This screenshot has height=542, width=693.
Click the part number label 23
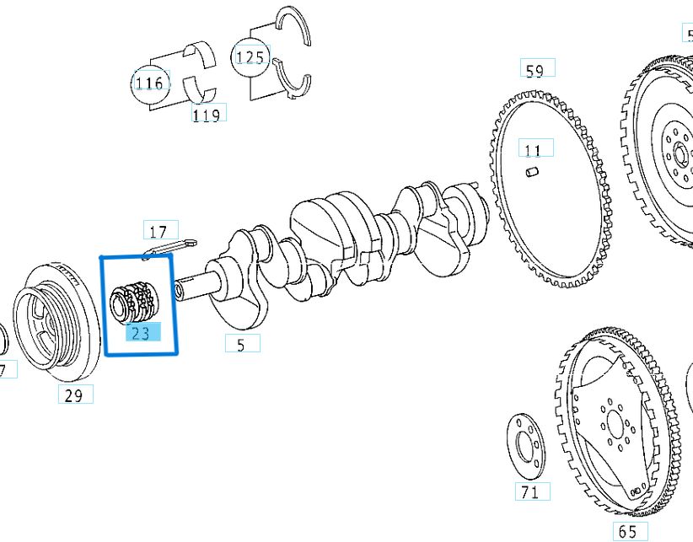point(140,333)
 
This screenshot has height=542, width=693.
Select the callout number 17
point(158,231)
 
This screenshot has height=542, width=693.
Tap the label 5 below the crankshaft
point(241,344)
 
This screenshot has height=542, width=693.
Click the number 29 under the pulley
point(74,394)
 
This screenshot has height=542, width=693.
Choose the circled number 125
point(250,57)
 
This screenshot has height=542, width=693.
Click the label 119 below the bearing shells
point(207,115)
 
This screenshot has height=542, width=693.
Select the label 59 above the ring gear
point(535,70)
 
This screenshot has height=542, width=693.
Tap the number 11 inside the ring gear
point(533,151)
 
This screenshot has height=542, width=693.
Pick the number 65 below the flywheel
point(627,532)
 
